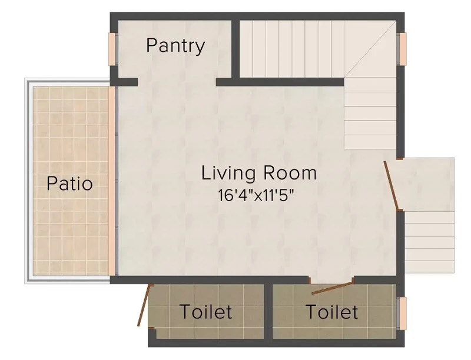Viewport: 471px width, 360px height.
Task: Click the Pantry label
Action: coord(175,46)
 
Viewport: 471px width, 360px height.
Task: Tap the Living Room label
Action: coord(259,173)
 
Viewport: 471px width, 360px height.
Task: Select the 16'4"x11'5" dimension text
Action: coord(256,196)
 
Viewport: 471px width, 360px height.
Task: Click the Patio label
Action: coord(69,184)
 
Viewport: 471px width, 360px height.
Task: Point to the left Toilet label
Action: coord(206,311)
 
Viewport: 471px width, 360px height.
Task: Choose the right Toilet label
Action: coord(332,311)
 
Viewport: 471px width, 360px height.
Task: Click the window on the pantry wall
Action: coord(112,49)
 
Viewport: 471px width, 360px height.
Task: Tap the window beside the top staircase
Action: coord(402,49)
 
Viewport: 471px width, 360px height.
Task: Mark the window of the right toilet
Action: coord(402,314)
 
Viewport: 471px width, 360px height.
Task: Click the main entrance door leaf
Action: coord(392,185)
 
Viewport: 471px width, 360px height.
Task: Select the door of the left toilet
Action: coord(144,305)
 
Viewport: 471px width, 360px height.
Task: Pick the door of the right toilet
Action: coord(332,288)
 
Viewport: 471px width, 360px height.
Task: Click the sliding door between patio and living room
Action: coord(113,181)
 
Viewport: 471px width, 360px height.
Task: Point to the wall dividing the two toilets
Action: coord(268,312)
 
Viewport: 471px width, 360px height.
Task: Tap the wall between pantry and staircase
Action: coord(235,49)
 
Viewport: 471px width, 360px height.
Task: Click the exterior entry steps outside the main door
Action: coord(430,242)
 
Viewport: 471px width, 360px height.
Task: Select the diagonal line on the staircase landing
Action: coord(370,49)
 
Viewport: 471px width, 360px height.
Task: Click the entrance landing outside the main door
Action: coord(426,184)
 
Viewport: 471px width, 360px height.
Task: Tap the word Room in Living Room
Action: coord(290,173)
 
